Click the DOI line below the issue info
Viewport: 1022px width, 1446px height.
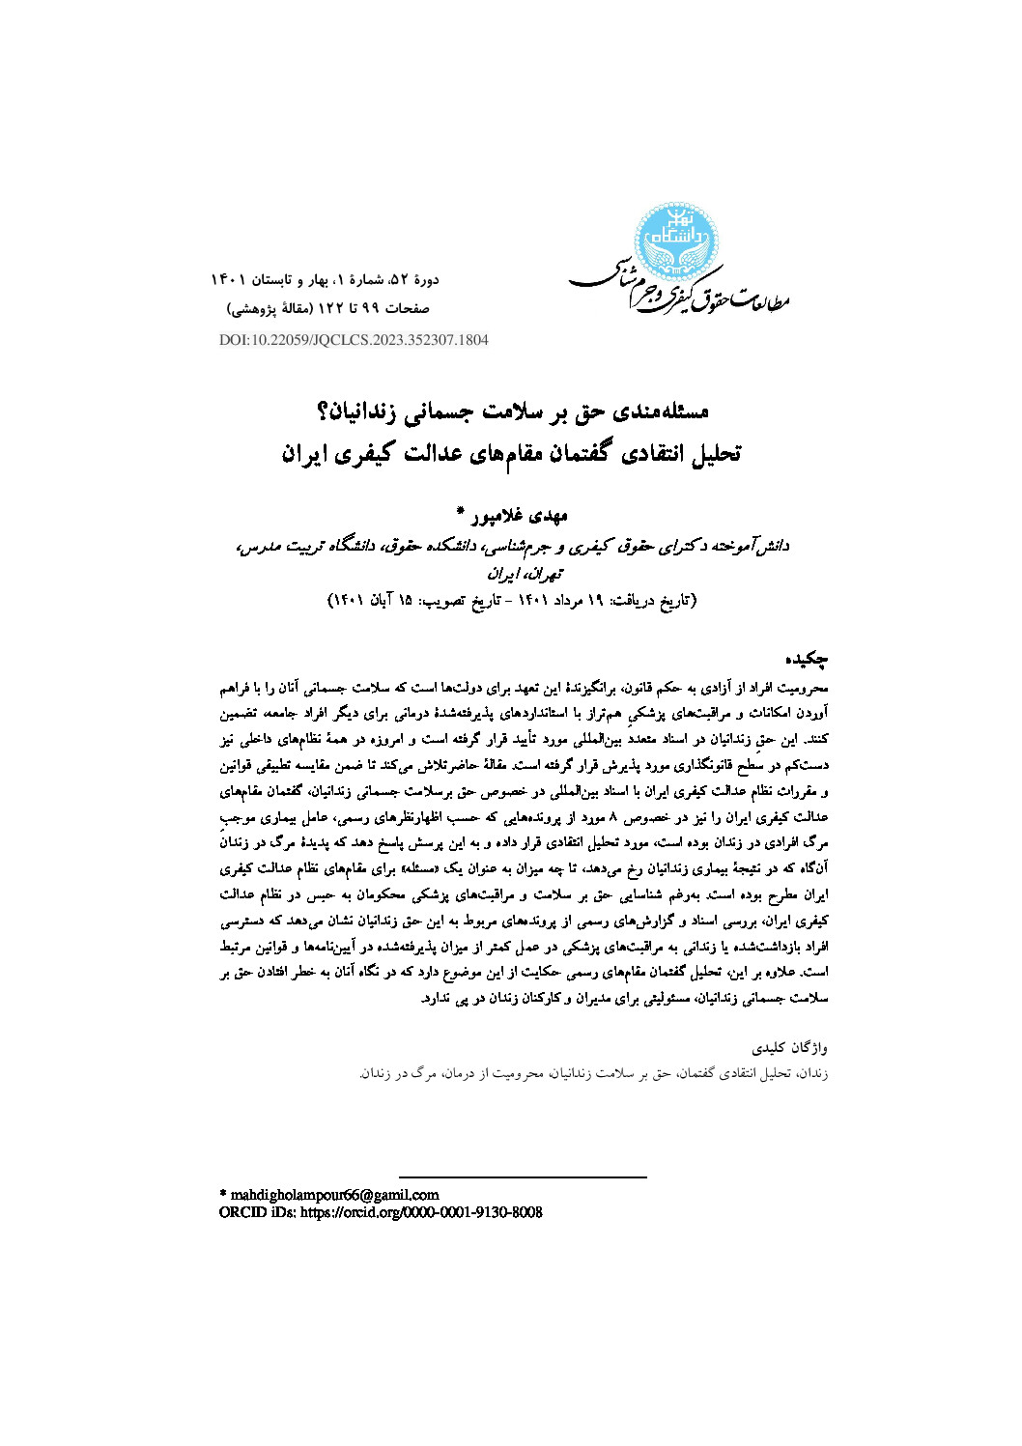(x=354, y=340)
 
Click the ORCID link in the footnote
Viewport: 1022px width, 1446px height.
(x=381, y=1212)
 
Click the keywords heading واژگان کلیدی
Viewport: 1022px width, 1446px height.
(x=791, y=1047)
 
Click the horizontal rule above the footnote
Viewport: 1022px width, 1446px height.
(x=522, y=1177)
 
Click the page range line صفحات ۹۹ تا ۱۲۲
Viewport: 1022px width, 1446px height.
(x=328, y=309)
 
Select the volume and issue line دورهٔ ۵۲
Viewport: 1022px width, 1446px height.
(x=325, y=280)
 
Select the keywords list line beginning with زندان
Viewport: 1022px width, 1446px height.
(x=594, y=1073)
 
